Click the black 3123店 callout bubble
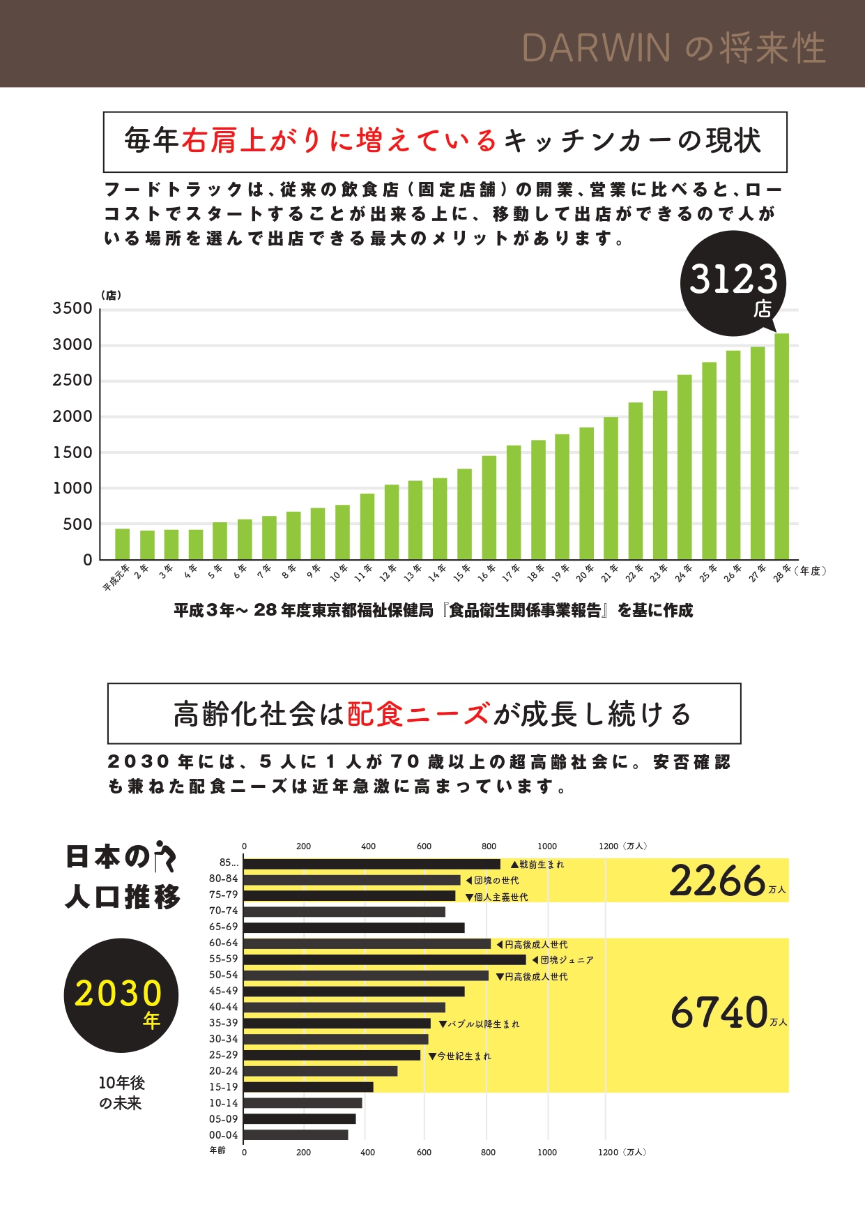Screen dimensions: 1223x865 point(733,284)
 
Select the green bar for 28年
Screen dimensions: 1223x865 point(781,446)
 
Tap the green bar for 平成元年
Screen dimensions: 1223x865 point(122,544)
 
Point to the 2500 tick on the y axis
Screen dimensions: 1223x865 point(72,381)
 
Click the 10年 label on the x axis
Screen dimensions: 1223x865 point(339,573)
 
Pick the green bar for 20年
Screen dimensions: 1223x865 point(586,493)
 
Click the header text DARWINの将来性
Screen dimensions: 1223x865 point(673,48)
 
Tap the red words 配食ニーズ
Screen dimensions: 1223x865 point(418,714)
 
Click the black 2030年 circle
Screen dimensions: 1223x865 point(121,995)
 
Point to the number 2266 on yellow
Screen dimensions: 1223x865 point(718,881)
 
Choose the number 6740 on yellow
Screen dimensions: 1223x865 point(719,1012)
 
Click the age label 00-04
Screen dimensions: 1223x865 point(223,1135)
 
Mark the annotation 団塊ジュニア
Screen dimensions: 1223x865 point(567,960)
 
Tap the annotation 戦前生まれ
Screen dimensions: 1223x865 point(541,865)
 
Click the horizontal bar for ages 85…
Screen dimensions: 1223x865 point(372,864)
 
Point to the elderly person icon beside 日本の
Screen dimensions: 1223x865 point(165,856)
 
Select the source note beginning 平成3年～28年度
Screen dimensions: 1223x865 point(433,611)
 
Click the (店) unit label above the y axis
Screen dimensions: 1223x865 point(111,295)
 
